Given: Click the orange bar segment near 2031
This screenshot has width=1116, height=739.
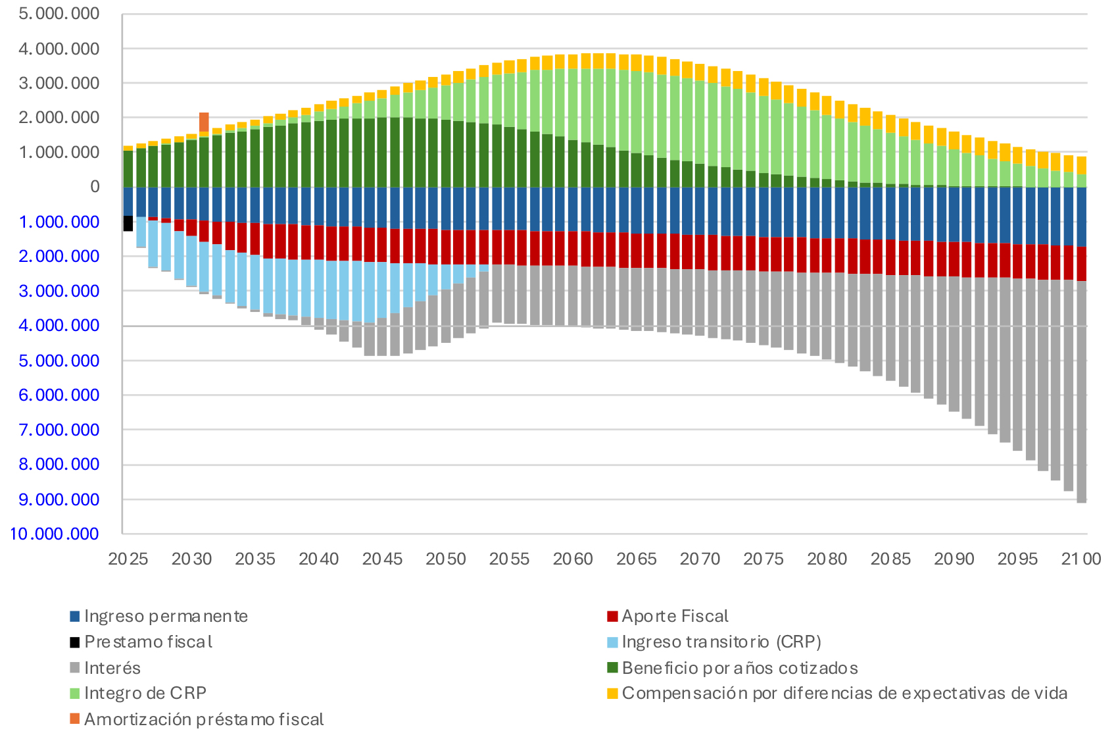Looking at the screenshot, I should (x=204, y=122).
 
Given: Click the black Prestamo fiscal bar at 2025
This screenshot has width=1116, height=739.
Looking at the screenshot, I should (x=128, y=223).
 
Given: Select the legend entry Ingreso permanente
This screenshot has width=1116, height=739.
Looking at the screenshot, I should (x=166, y=617).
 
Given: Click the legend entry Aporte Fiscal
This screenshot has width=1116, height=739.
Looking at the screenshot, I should (x=675, y=617).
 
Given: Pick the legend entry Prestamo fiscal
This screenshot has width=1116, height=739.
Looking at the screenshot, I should (x=148, y=642).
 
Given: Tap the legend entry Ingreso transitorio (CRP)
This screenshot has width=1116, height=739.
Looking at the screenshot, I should (x=721, y=642).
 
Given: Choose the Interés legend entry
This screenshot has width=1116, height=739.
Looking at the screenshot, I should (x=112, y=669).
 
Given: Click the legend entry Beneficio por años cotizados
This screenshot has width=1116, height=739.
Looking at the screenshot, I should (x=739, y=669).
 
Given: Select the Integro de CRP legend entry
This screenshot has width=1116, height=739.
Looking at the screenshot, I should (x=145, y=694).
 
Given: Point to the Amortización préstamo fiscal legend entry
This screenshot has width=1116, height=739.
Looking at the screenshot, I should (x=203, y=719).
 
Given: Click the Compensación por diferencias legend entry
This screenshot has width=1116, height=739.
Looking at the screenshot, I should (x=844, y=694).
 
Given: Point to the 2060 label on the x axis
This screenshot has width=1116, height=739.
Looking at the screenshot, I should (x=573, y=559).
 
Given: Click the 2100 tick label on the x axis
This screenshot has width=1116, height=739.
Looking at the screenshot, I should (x=1081, y=559).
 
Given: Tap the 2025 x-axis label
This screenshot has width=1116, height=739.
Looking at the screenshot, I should (x=128, y=559).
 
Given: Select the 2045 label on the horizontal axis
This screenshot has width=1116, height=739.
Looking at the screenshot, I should (x=382, y=559).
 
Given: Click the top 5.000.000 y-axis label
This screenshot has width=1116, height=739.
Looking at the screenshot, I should (x=59, y=14).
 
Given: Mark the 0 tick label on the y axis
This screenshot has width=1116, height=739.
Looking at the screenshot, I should (x=95, y=187).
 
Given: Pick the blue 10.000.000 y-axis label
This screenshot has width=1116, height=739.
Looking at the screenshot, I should (x=55, y=534).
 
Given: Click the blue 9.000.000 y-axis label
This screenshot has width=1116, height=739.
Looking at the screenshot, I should (x=59, y=499).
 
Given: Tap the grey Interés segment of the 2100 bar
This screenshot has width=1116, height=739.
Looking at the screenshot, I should (x=1081, y=395).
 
